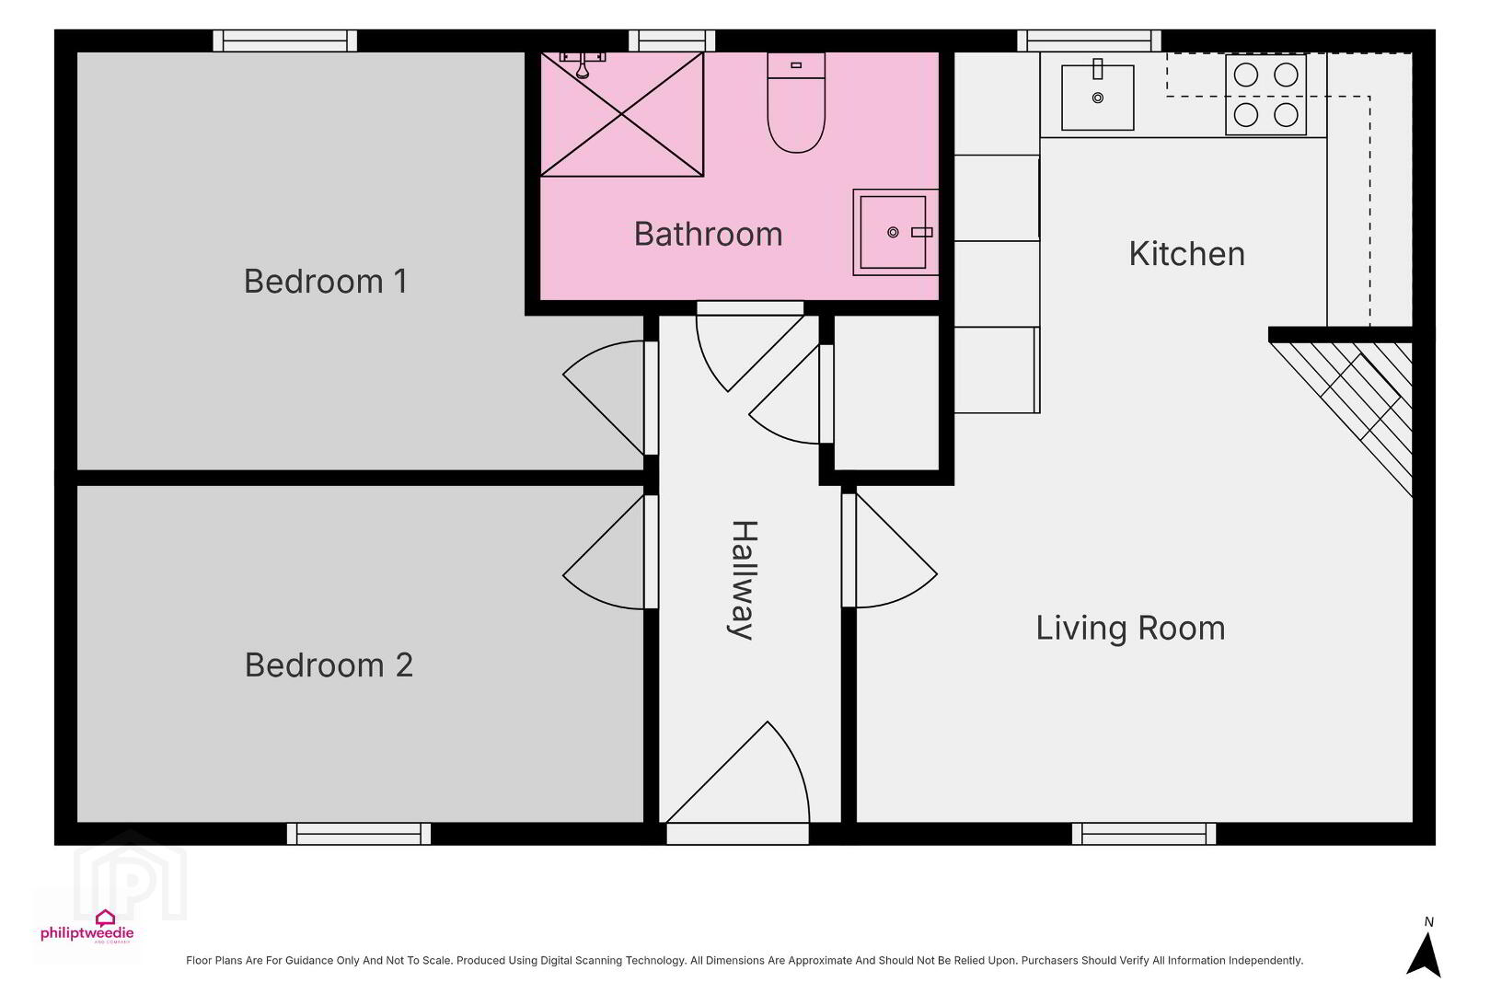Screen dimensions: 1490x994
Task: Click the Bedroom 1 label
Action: [x=325, y=282]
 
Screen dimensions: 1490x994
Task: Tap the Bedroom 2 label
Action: [x=329, y=665]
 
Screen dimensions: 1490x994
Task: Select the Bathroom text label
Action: [x=708, y=234]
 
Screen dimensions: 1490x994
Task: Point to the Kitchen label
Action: [x=1186, y=253]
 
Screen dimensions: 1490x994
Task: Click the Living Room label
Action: [x=1130, y=629]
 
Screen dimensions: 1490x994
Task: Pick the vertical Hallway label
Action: [x=743, y=580]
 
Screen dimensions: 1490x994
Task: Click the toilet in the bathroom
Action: [x=796, y=103]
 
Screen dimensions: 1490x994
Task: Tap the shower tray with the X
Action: [x=622, y=114]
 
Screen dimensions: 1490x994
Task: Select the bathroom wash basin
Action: [x=895, y=232]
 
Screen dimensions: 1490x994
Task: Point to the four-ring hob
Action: [x=1265, y=95]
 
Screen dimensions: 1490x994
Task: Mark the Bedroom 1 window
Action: [x=284, y=40]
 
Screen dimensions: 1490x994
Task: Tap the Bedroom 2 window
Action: [x=359, y=834]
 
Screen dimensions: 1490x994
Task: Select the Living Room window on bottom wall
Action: [x=1144, y=834]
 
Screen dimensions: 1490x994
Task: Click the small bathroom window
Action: [x=672, y=40]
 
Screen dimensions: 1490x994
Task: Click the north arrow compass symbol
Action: [x=1424, y=954]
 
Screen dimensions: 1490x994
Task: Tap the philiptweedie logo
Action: [x=87, y=927]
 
